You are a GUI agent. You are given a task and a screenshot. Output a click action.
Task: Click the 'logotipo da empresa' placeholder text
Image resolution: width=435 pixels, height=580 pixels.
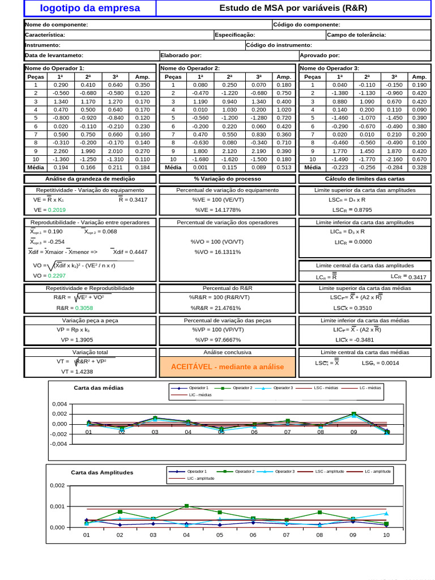coord(90,8)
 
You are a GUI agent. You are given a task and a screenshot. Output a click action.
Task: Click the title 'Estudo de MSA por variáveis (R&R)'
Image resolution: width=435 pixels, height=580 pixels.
coord(293,8)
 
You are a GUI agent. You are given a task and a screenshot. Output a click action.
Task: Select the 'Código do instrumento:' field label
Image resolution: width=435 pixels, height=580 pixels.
coord(279,45)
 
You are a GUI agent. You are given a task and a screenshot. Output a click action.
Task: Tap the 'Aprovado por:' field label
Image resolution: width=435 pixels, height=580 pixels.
coord(319,56)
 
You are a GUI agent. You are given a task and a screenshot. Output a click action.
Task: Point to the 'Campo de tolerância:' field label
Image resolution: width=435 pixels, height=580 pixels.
coord(356,35)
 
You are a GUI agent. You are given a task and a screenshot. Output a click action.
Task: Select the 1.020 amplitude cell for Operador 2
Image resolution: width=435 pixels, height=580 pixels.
coord(283,110)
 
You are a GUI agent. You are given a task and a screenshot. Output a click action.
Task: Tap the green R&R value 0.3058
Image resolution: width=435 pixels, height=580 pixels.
coord(84,308)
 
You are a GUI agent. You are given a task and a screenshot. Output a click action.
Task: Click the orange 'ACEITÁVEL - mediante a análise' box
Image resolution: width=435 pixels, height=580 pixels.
coord(227,367)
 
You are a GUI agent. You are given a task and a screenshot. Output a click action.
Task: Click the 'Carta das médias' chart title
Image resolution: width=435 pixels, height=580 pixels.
coord(99,388)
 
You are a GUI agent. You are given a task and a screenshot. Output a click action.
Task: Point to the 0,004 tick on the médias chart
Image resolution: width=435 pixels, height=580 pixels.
coord(59,404)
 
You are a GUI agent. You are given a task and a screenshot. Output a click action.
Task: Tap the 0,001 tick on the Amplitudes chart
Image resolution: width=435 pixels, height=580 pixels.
coord(57,506)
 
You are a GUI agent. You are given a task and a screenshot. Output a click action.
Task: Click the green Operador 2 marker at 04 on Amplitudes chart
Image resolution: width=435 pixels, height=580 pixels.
coord(186,506)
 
